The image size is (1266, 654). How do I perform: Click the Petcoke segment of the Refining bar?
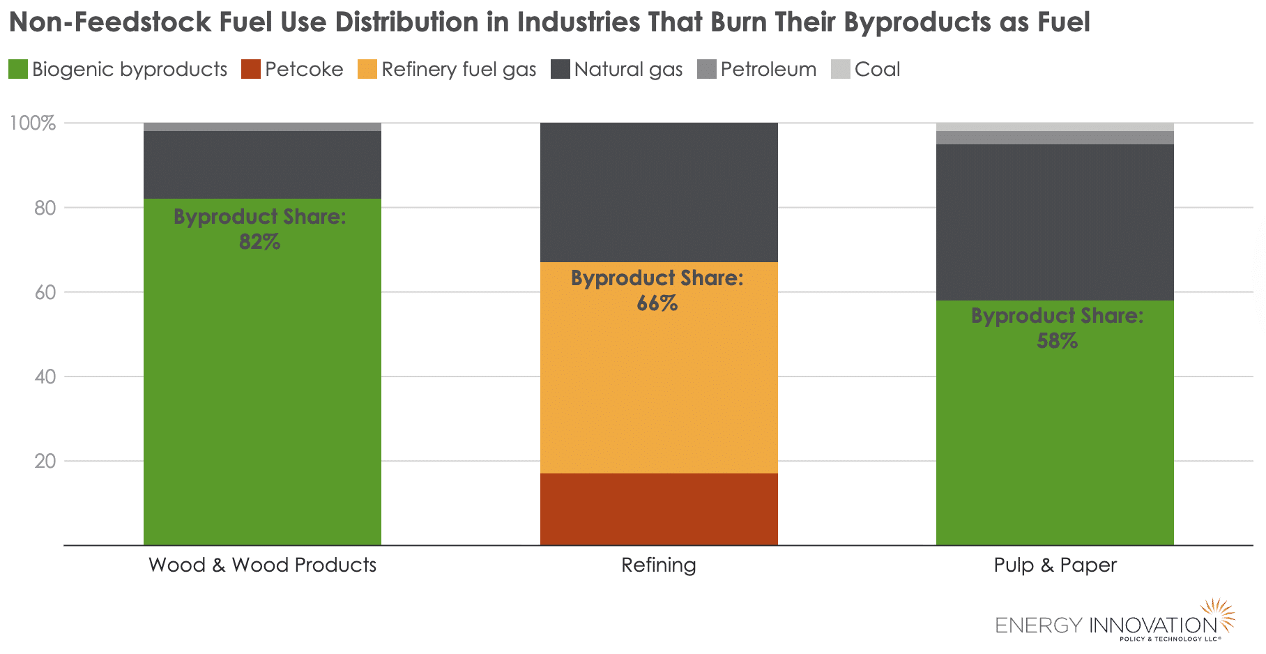[659, 509]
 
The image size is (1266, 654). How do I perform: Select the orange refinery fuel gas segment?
[659, 390]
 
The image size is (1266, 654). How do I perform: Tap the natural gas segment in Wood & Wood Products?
[262, 165]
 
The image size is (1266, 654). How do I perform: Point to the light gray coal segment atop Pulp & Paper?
[1055, 127]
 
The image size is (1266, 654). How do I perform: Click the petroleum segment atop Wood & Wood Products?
[262, 127]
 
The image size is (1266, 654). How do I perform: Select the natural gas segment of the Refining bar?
[659, 192]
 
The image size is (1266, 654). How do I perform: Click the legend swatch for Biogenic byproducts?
[18, 70]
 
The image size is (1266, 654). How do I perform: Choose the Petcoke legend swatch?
[251, 70]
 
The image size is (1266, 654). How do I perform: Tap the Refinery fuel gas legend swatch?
[367, 70]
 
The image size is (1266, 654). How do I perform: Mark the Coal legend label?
[877, 70]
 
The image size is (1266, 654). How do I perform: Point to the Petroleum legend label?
[768, 70]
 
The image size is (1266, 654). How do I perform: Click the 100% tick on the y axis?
[32, 123]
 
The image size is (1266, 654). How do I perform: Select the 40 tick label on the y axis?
[45, 377]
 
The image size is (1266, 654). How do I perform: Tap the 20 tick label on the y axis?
[45, 462]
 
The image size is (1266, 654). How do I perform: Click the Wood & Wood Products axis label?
[262, 565]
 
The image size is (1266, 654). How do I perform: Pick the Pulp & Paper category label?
[1055, 565]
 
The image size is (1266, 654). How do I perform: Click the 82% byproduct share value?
[259, 242]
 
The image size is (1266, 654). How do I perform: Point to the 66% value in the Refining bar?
[657, 303]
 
